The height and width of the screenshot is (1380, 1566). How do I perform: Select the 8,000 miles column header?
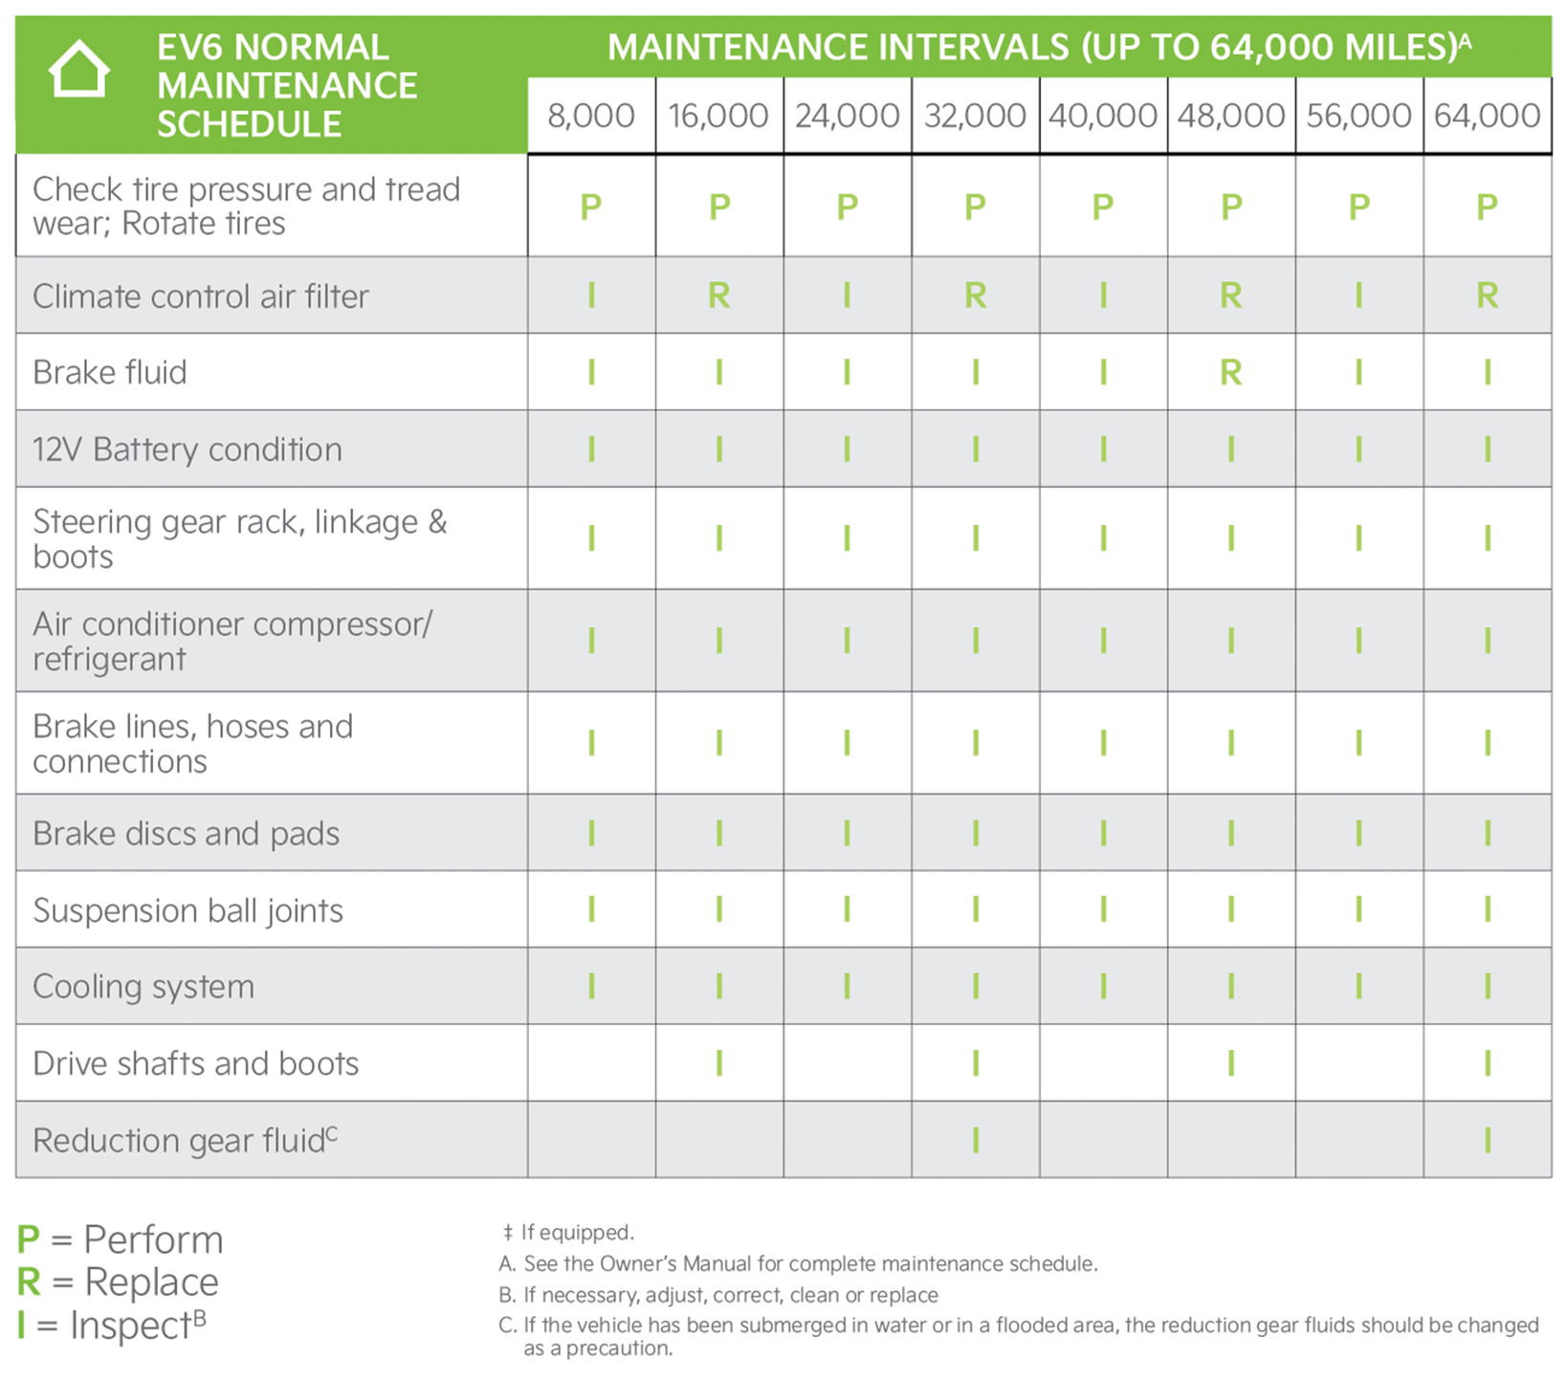coord(591,116)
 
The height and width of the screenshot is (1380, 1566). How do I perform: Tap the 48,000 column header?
coord(1231,116)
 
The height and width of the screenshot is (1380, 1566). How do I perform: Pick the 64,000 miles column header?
coord(1487,116)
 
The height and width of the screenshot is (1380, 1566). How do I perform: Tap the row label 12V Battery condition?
coord(187,449)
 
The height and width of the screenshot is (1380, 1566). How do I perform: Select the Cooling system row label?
coord(143,987)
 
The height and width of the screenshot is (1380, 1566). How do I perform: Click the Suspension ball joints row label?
coord(187,910)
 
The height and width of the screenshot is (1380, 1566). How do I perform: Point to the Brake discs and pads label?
coord(186,834)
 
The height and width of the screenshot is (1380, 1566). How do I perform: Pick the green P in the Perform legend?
coord(29,1239)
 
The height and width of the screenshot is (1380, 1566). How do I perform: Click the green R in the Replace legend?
coord(30,1282)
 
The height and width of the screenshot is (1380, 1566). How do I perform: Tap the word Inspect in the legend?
coord(130,1326)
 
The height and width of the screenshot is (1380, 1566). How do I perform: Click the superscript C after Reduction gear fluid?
coord(332,1133)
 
